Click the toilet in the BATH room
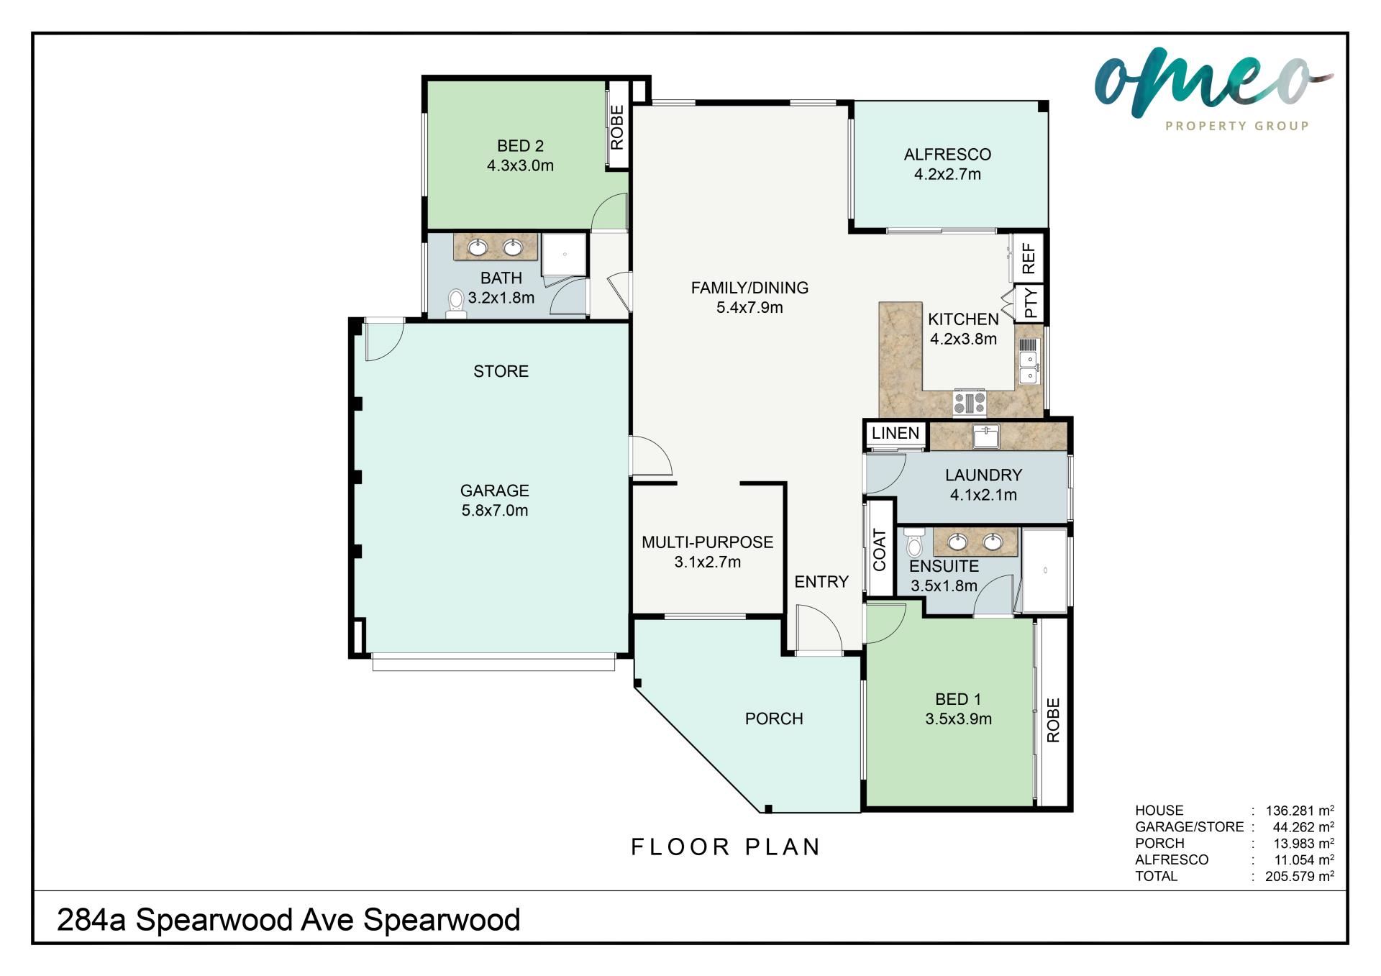coord(455,304)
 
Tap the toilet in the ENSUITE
coord(914,543)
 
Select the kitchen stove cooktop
coord(970,403)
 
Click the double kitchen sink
coord(1029,362)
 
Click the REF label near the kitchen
coord(1029,258)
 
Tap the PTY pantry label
coord(1031,303)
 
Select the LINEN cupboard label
coord(895,433)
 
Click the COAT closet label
coord(880,550)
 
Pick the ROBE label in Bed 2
coord(617,127)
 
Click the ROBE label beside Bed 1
coord(1053,720)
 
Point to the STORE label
coord(501,371)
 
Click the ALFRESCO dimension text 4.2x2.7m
coord(947,174)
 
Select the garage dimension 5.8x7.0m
coord(495,511)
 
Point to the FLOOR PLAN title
coord(726,847)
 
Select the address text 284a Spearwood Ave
coord(206,920)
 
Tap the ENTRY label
coord(821,582)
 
